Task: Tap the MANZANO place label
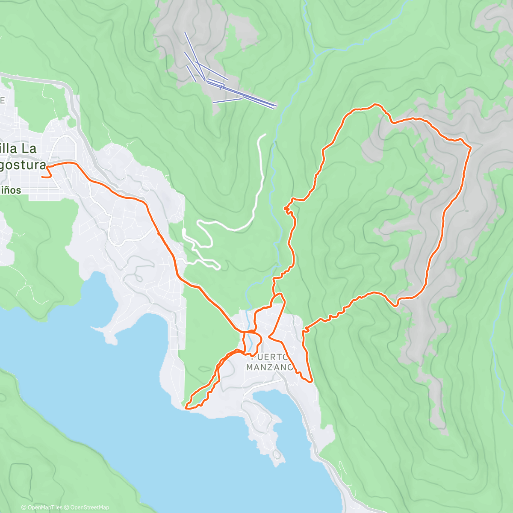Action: [x=269, y=367]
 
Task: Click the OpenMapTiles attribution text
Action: [x=42, y=507]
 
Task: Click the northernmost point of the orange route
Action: [x=375, y=104]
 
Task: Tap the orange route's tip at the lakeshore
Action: [x=186, y=408]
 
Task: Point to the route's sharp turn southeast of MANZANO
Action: [x=312, y=380]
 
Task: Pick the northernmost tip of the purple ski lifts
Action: [x=185, y=32]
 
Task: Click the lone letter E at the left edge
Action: [x=2, y=100]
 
